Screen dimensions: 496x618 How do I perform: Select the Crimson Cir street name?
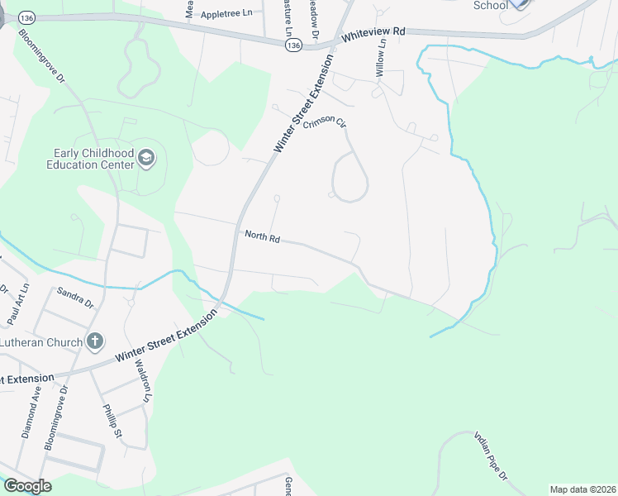pos(325,122)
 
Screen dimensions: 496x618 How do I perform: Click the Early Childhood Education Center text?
pos(93,159)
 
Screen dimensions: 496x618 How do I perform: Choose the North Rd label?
pos(263,237)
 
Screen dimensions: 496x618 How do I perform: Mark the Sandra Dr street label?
pos(75,297)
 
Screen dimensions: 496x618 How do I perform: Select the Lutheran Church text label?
pos(41,342)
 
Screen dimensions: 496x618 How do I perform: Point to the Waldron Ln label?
pos(144,381)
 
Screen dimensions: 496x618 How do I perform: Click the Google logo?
pos(27,485)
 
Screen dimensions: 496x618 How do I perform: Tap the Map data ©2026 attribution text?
pos(582,489)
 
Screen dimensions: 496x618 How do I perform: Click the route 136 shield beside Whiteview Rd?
pos(295,46)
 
